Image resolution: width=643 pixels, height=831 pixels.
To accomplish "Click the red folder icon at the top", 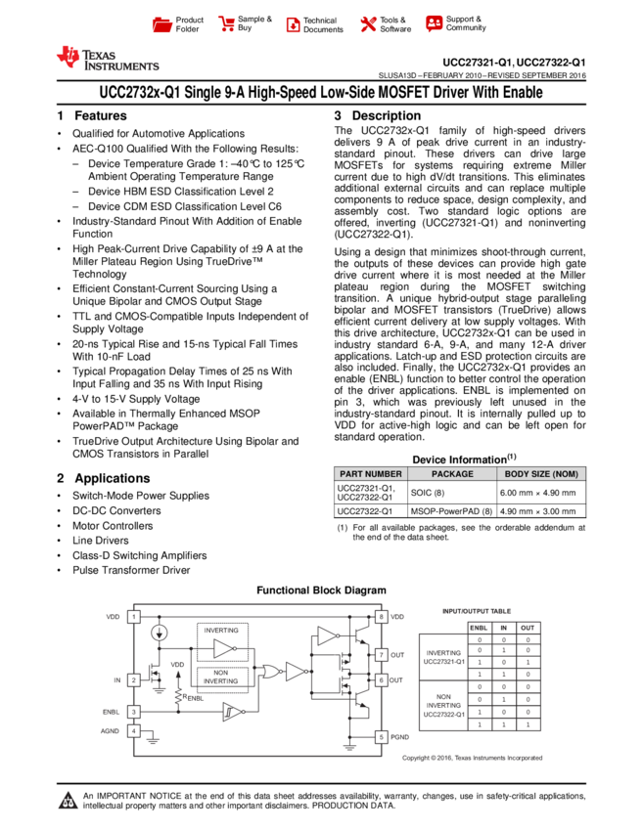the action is [x=162, y=25].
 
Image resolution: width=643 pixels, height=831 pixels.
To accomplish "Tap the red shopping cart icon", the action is [x=227, y=24].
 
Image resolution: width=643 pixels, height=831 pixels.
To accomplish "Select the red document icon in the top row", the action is [x=293, y=25].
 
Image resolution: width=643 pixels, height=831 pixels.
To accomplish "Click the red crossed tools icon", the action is [x=368, y=24].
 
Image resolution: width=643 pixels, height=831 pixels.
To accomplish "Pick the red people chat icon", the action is [x=435, y=23].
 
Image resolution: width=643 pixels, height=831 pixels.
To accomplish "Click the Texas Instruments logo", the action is [x=107, y=59].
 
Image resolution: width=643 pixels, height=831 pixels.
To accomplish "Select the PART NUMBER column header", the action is [x=371, y=474].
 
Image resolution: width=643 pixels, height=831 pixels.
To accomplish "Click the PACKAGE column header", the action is [x=452, y=474].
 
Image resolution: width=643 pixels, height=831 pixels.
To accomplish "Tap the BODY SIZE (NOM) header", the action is [x=541, y=474].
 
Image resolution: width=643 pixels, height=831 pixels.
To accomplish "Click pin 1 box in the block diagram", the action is [x=134, y=617].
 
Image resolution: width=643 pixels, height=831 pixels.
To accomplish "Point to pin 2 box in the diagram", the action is [x=134, y=679].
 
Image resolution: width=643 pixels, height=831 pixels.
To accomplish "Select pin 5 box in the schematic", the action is [x=381, y=737].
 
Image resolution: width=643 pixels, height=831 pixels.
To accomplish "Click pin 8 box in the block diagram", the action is [x=381, y=617].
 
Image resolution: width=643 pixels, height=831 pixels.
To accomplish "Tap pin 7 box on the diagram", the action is [x=381, y=654].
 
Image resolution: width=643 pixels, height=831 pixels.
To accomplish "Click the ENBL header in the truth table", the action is [x=479, y=628].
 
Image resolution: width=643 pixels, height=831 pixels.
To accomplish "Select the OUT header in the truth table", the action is [x=528, y=628].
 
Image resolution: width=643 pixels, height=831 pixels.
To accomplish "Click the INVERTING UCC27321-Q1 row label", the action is [x=442, y=657].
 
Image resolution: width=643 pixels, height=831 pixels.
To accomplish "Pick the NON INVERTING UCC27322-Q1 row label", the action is [x=442, y=706].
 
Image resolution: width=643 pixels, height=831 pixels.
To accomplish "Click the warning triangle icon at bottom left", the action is [x=68, y=802].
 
